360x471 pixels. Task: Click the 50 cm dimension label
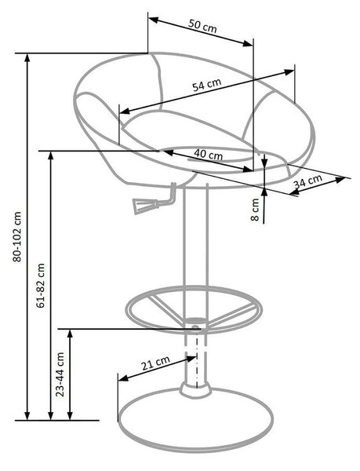pos(202,26)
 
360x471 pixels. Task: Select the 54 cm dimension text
pos(207,85)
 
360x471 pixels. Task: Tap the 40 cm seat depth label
pos(208,155)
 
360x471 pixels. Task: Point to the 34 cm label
pos(307,181)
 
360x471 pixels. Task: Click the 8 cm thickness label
pos(255,210)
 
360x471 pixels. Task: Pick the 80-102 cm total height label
pos(17,237)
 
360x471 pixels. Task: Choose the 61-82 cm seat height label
pos(40,286)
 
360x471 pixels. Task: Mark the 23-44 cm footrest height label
pos(60,374)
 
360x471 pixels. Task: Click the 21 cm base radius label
pos(155,363)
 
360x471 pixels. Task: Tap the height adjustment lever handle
pos(146,206)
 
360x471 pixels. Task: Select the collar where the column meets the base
pos(195,390)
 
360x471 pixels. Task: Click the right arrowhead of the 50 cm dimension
pos(248,43)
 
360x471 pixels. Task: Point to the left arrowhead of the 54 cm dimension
pos(125,111)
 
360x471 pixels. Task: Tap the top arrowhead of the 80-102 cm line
pos(27,59)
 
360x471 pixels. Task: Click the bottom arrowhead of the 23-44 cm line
pos(70,414)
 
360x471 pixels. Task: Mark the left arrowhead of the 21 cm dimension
pos(123,378)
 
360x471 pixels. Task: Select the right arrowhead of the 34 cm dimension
pos(340,180)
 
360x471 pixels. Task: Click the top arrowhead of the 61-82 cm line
pos(51,157)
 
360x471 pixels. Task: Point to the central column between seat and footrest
pos(195,237)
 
